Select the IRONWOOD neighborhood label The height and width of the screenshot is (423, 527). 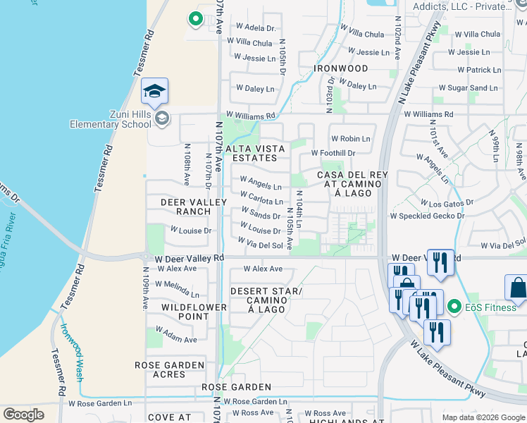click(341, 68)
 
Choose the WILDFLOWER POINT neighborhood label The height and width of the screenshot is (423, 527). click(194, 312)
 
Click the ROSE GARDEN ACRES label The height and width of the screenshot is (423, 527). click(170, 370)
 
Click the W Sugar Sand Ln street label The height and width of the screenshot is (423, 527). click(468, 88)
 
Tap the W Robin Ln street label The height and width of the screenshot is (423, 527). click(350, 139)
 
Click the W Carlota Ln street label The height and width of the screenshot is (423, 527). click(261, 201)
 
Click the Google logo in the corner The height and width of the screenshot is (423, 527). click(23, 415)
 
